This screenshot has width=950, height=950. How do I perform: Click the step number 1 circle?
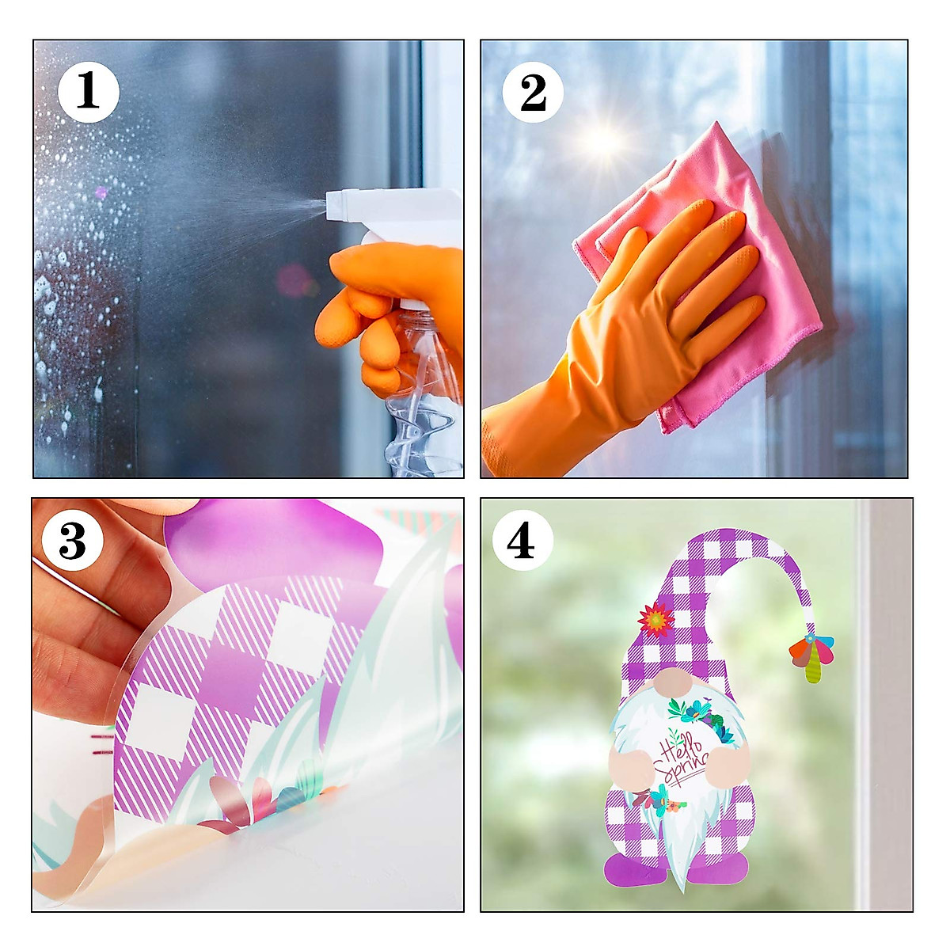tap(88, 92)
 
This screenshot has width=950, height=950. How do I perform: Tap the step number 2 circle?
tap(533, 92)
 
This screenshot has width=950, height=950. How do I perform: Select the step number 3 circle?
tap(72, 541)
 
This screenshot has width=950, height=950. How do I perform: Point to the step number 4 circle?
tap(522, 541)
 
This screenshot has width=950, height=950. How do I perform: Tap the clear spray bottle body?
tap(424, 396)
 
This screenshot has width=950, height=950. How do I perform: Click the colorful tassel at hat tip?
tap(811, 657)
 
